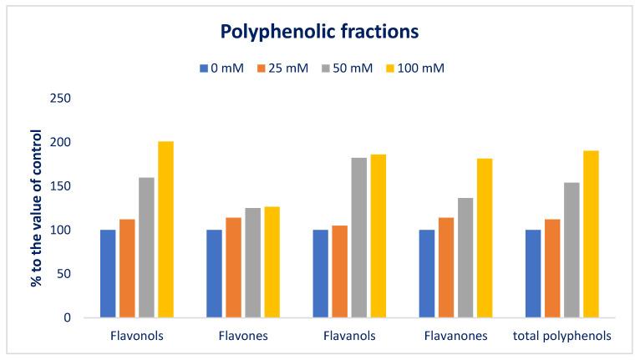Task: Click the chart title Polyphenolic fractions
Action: click(318, 33)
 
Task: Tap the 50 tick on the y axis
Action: click(74, 274)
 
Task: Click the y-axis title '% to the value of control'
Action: click(36, 208)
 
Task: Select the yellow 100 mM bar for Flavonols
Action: click(165, 230)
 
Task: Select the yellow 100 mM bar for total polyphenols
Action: click(591, 234)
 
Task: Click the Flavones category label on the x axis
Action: click(243, 336)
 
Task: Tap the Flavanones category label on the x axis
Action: click(456, 336)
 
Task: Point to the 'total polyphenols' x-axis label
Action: click(562, 336)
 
